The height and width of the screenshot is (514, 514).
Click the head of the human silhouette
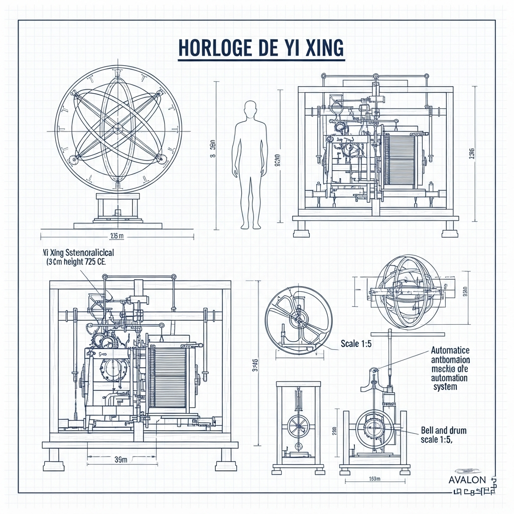(x=249, y=109)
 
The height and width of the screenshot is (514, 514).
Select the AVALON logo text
(x=467, y=480)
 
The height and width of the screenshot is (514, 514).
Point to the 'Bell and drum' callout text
(x=443, y=431)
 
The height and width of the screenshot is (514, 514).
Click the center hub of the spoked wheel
(x=298, y=318)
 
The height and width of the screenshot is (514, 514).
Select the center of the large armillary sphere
(x=118, y=129)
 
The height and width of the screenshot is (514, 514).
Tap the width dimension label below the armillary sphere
(x=116, y=236)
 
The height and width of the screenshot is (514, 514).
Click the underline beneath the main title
(x=262, y=61)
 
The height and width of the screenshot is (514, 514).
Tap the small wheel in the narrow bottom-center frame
(x=298, y=427)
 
